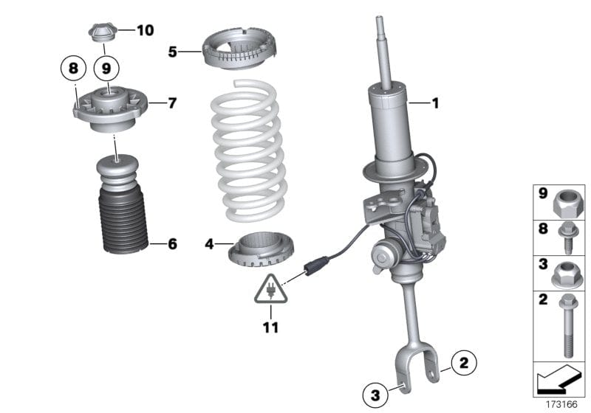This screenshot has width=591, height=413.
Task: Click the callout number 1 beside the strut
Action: point(435,104)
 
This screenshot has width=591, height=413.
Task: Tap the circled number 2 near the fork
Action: point(464,362)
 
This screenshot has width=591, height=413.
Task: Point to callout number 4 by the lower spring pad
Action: point(209,243)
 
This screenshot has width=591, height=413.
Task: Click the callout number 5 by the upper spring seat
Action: point(172,52)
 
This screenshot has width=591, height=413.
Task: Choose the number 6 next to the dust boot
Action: point(172,243)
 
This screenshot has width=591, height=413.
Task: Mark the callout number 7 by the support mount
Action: point(172,103)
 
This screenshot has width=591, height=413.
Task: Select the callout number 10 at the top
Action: point(145,30)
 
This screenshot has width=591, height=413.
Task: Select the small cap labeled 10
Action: point(101,33)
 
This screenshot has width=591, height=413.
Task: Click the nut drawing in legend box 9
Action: point(567,200)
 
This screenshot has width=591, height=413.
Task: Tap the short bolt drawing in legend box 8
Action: point(567,233)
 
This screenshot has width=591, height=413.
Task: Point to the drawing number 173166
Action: point(564,405)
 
